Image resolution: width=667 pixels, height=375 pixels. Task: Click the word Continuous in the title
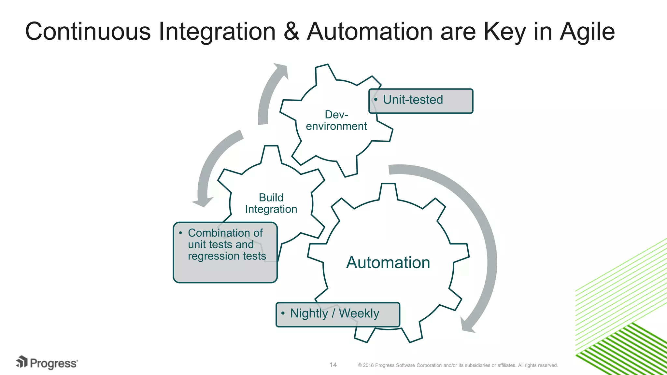(88, 32)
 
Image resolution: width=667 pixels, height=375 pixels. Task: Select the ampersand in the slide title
(291, 32)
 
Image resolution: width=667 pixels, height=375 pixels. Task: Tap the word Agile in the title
(587, 32)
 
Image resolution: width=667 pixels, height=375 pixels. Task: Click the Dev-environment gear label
(336, 120)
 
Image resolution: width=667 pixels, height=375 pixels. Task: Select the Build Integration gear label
(271, 203)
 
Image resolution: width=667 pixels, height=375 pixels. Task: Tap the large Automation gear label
(388, 262)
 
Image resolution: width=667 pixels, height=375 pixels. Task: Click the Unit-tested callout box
(421, 101)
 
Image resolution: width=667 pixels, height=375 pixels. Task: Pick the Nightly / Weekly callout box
(338, 314)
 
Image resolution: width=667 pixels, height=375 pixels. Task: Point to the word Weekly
(359, 313)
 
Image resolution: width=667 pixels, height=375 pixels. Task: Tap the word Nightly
(309, 313)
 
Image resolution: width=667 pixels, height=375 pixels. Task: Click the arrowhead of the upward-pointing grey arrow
(281, 70)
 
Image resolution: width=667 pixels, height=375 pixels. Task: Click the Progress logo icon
(22, 362)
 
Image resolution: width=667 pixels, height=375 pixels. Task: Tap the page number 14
(333, 365)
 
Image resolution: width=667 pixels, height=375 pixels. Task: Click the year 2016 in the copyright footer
(368, 365)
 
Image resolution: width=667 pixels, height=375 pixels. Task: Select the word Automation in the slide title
(370, 32)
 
